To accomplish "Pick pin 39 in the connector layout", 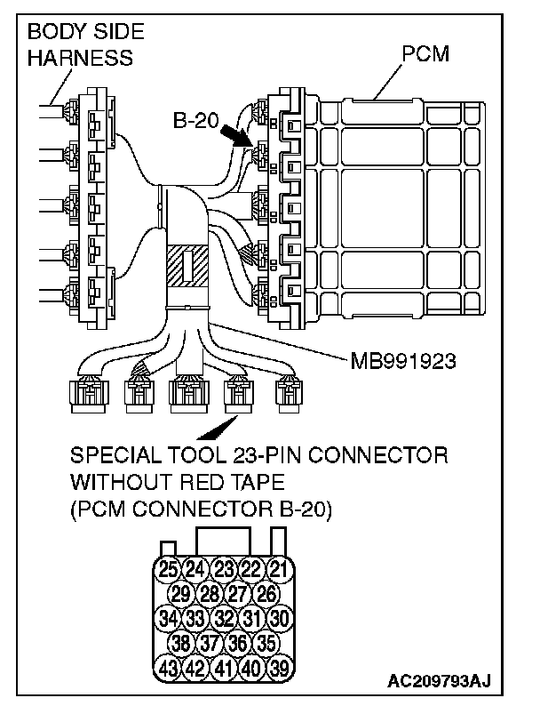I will pos(280,667).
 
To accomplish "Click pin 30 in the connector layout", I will pos(280,618).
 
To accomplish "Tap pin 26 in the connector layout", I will pos(266,593).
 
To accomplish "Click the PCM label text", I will pos(425,54).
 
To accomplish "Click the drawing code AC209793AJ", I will pos(439,682).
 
